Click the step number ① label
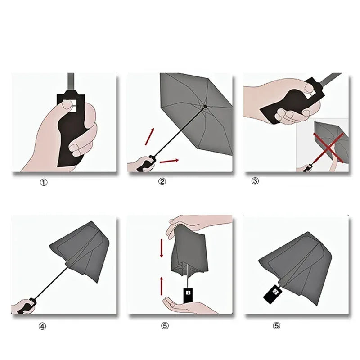(x=44, y=182)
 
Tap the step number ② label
(x=162, y=181)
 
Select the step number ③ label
(x=255, y=181)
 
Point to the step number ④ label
(x=42, y=326)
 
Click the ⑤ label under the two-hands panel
(x=164, y=326)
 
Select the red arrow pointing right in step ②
(x=169, y=160)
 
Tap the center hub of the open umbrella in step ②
(x=205, y=107)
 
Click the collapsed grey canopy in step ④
(x=85, y=252)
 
